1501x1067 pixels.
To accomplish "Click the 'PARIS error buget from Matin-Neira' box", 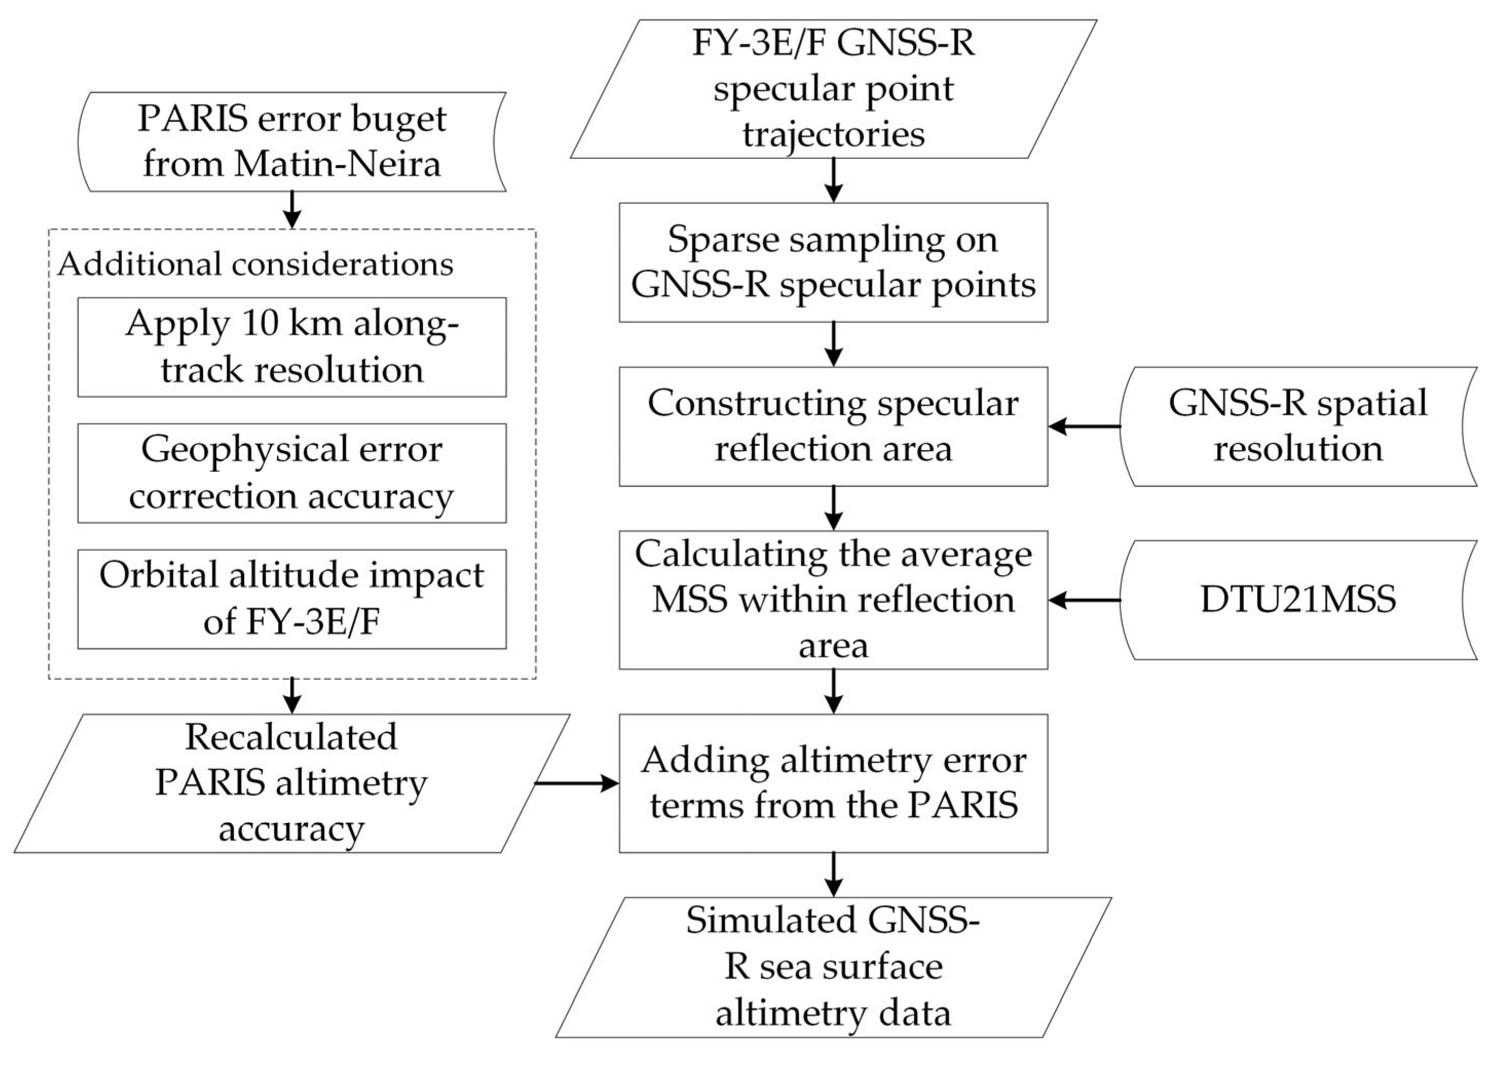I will pyautogui.click(x=291, y=142).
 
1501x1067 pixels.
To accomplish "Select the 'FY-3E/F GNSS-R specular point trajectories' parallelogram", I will pyautogui.click(x=833, y=89).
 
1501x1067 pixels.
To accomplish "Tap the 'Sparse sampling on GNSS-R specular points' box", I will pyautogui.click(x=833, y=262).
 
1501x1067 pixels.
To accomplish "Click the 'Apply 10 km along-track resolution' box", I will pyautogui.click(x=291, y=347).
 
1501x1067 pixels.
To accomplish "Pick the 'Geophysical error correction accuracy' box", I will pyautogui.click(x=291, y=473).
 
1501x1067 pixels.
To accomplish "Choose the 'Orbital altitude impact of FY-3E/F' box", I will pyautogui.click(x=291, y=599).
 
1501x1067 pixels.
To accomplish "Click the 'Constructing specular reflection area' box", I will pyautogui.click(x=833, y=426).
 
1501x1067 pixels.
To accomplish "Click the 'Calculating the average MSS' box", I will pyautogui.click(x=833, y=600).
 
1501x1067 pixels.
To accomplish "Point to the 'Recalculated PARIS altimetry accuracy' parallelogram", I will pyautogui.click(x=291, y=783).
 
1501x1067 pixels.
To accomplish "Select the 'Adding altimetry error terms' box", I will pyautogui.click(x=833, y=783).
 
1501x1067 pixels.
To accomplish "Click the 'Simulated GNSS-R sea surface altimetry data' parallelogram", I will pyautogui.click(x=833, y=967).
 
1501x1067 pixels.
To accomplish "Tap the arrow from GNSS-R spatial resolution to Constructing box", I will pyautogui.click(x=1085, y=426).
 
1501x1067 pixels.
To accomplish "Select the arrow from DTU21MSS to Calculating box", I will pyautogui.click(x=1085, y=600).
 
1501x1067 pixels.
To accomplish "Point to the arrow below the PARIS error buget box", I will pyautogui.click(x=291, y=210).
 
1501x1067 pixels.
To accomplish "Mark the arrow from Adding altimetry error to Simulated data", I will pyautogui.click(x=833, y=874).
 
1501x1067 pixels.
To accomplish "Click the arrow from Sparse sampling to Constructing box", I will pyautogui.click(x=833, y=344).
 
